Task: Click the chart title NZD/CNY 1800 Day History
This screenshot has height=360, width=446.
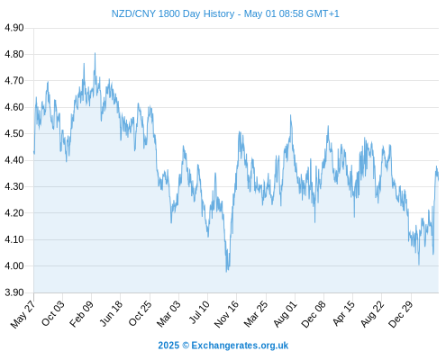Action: click(x=173, y=13)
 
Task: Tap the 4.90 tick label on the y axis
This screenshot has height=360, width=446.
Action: click(x=14, y=28)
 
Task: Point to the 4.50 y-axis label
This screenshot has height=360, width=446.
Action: click(x=14, y=133)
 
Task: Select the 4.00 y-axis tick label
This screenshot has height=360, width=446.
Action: click(x=14, y=265)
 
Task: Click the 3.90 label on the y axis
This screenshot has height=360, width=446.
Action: click(x=14, y=292)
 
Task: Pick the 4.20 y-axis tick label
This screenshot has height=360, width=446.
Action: click(x=14, y=213)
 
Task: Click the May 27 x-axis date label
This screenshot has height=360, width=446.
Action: click(x=23, y=314)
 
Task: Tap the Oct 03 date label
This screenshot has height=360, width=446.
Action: click(x=53, y=313)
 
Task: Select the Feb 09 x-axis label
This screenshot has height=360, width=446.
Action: click(x=81, y=314)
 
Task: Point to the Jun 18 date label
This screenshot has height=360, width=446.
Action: click(x=111, y=313)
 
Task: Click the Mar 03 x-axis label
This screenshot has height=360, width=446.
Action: click(x=168, y=313)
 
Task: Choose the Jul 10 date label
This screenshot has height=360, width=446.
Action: click(x=199, y=312)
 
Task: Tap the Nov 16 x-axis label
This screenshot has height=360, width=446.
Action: click(x=226, y=314)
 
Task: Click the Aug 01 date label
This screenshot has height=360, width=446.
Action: click(x=286, y=314)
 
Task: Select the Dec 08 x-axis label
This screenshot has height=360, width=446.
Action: click(x=314, y=314)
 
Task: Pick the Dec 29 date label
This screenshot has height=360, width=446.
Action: click(x=401, y=314)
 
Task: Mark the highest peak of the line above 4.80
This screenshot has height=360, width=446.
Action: click(x=96, y=53)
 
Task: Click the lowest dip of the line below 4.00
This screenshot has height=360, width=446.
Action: click(x=227, y=272)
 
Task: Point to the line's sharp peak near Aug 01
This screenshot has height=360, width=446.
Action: click(x=290, y=115)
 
